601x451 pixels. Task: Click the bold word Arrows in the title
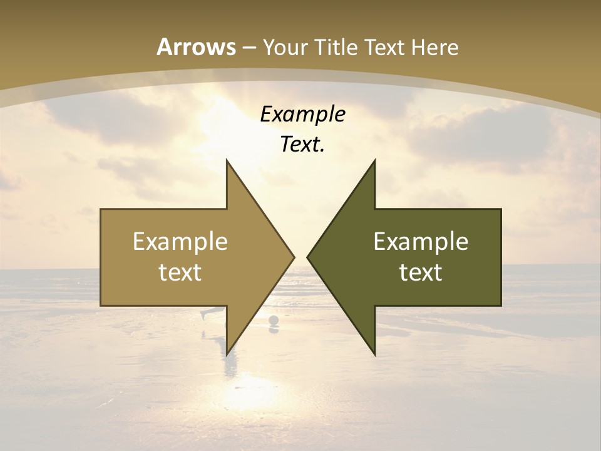coord(197,47)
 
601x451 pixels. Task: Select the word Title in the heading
coord(339,48)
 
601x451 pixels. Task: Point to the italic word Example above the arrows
coord(302,114)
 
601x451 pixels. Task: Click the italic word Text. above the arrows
coord(302,145)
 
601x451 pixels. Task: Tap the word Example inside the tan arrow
coord(180,242)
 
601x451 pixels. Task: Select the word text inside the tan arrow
coord(180,272)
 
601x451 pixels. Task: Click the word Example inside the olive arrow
coord(421,242)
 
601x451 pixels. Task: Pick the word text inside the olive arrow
coord(421,272)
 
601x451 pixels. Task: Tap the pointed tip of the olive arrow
coord(308,257)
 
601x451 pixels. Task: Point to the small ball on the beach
coord(274,321)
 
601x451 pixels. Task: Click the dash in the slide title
coord(249,48)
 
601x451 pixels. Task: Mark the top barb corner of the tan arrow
coord(227,160)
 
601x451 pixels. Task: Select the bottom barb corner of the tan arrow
coord(227,354)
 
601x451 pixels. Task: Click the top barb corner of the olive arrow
coord(374,160)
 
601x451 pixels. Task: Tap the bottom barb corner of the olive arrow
coord(374,354)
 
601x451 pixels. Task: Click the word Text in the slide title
coord(382,48)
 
